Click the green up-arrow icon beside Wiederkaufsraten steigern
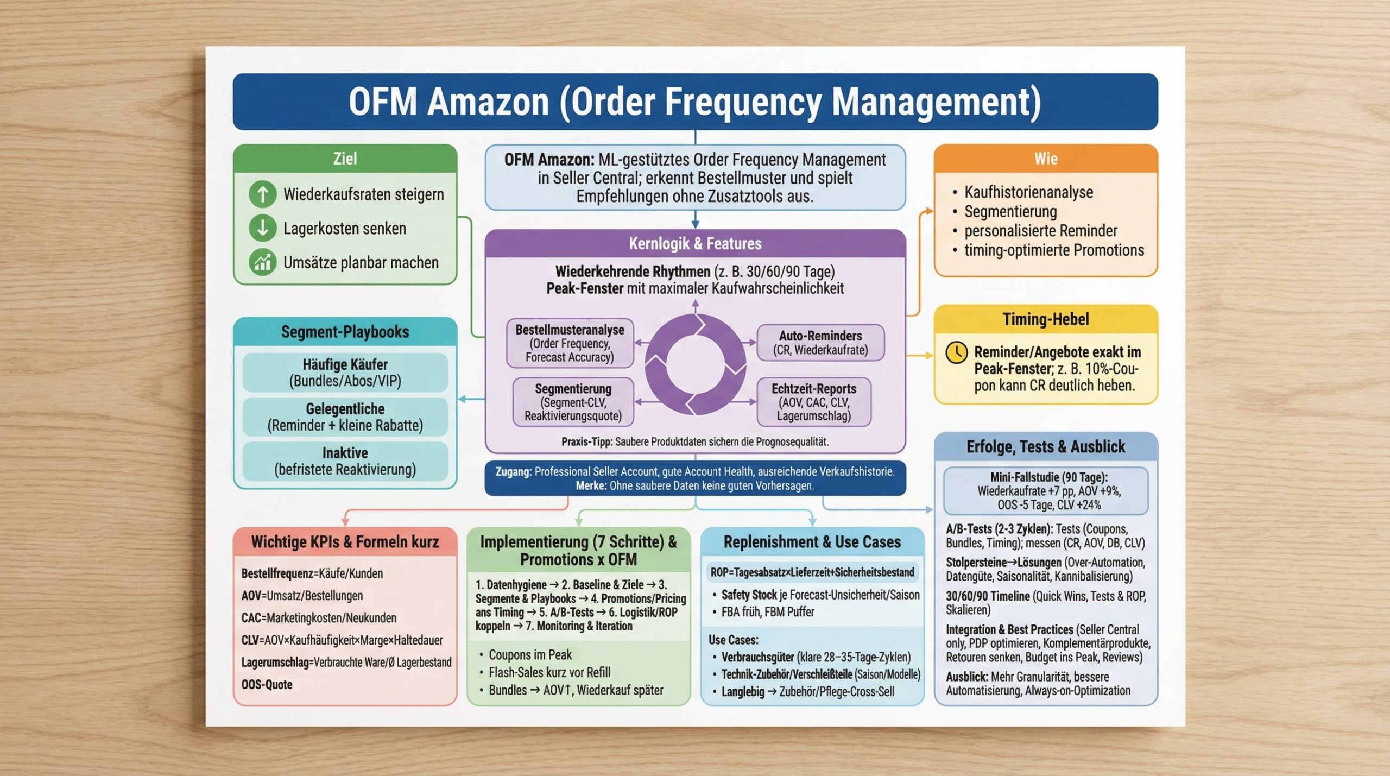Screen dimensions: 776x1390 pos(263,194)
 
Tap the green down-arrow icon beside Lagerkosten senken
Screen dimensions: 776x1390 pos(263,228)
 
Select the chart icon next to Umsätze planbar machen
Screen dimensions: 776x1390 pos(263,262)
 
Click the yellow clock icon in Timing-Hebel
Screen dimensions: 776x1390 pos(956,352)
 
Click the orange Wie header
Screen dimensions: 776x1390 pos(1045,159)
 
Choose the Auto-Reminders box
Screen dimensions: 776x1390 pos(820,343)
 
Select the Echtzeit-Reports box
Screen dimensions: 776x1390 pos(813,402)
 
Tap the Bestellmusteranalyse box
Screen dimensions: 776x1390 pos(570,343)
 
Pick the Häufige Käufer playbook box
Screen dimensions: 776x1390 pos(345,373)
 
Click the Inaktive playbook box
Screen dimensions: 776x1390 pos(345,461)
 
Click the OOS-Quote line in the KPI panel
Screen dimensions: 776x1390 pos(267,684)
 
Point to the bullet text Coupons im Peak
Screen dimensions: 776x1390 pos(530,654)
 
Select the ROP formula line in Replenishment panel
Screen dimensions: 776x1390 pos(812,572)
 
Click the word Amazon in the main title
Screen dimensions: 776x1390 pos(488,102)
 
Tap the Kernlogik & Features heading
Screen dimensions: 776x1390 pos(695,243)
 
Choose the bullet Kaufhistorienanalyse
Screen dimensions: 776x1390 pos(1028,192)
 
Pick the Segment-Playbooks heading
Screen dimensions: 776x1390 pos(345,332)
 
